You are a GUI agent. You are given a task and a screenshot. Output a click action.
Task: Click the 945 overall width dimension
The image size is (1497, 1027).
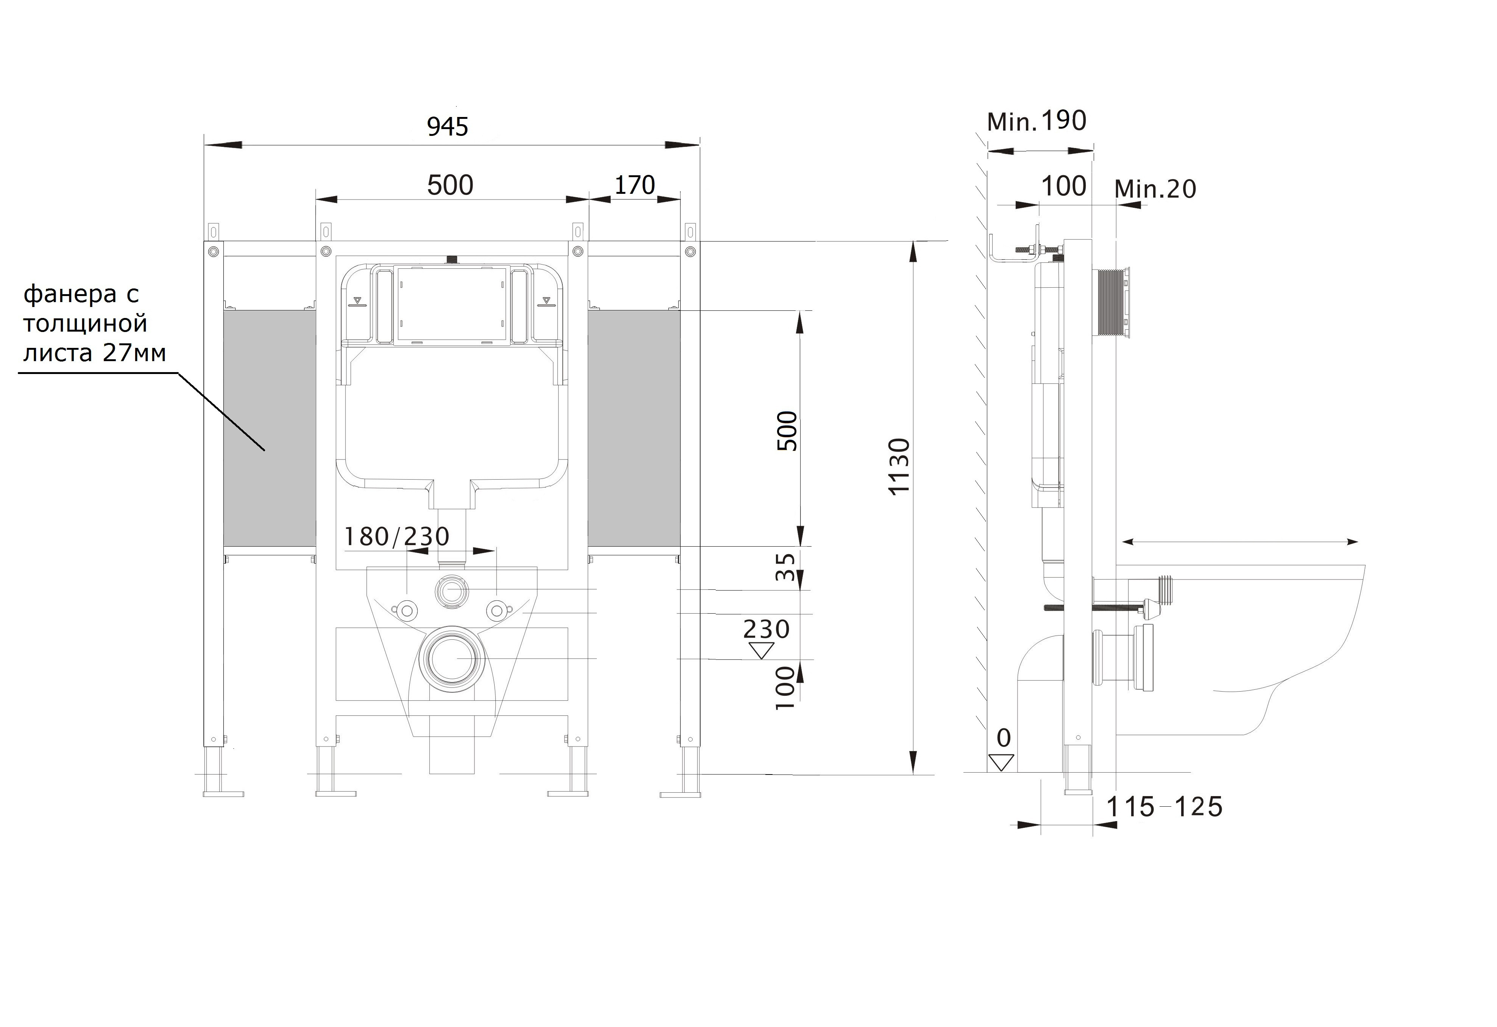[x=448, y=127]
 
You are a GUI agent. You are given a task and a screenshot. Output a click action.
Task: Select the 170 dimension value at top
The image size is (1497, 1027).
[x=634, y=185]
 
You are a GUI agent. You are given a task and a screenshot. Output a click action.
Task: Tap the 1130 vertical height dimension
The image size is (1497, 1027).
[x=899, y=466]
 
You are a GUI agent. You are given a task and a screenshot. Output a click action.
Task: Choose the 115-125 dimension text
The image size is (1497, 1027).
[x=1165, y=807]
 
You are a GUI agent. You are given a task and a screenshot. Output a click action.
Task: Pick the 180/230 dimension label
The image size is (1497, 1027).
[x=397, y=536]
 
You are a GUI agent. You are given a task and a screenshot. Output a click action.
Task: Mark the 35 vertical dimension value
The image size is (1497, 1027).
[x=786, y=567]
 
